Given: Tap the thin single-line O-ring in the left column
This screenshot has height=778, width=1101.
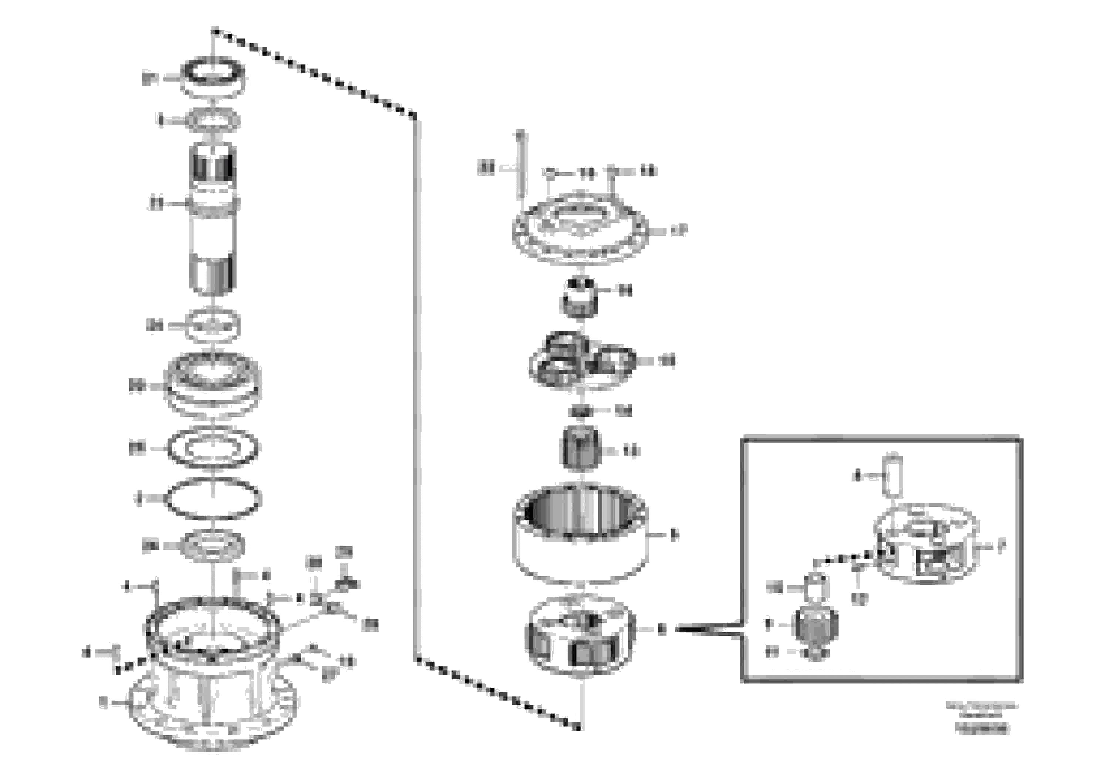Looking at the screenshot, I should (x=212, y=499).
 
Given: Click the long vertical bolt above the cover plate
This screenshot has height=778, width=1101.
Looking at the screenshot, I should (x=520, y=165).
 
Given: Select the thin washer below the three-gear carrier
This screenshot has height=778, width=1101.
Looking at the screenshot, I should (x=581, y=411).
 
